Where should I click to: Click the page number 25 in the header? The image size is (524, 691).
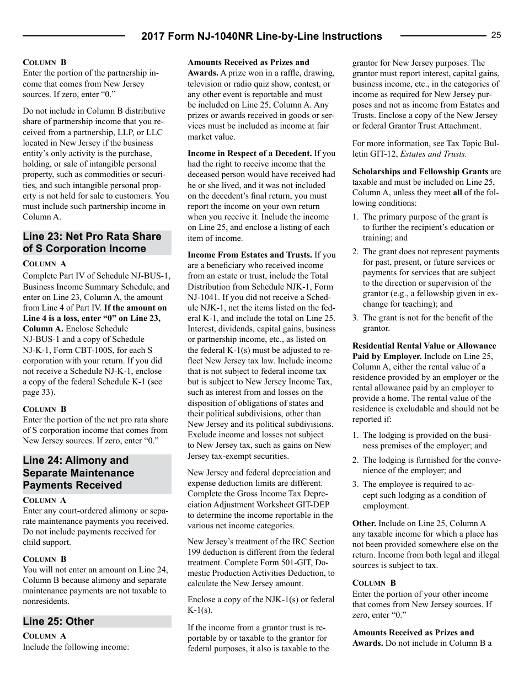tap(496, 35)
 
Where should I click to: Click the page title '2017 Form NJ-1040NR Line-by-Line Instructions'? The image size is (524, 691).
tap(261, 36)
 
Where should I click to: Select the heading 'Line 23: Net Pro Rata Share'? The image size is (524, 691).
tap(92, 237)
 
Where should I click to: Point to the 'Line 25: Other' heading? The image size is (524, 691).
tap(58, 622)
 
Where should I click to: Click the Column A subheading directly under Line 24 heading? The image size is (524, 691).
tap(44, 500)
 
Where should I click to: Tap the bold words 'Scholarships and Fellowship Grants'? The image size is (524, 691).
tap(420, 172)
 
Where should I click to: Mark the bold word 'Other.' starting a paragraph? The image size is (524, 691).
tap(364, 523)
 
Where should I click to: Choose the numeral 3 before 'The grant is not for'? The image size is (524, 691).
tap(356, 318)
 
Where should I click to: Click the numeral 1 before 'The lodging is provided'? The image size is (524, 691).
tap(356, 435)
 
